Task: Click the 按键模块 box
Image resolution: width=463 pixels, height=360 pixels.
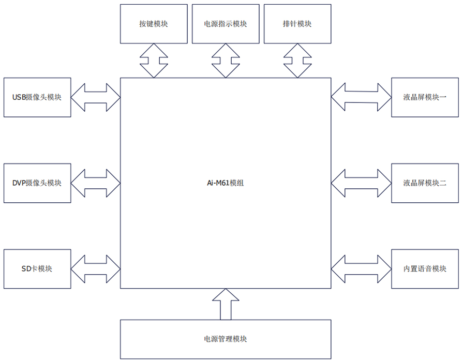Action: pos(154,24)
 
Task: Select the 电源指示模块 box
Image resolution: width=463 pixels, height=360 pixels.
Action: pos(225,24)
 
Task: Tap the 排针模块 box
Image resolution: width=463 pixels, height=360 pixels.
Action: pos(297,24)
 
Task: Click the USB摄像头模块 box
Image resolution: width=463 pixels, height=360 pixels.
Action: pos(37,97)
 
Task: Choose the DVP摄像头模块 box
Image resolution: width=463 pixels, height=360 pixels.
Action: pos(37,183)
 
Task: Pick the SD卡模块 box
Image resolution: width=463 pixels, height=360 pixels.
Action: pos(37,268)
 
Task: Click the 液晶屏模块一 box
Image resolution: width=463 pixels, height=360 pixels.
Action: pos(425,97)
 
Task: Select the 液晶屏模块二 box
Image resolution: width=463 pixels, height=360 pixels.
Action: pos(425,183)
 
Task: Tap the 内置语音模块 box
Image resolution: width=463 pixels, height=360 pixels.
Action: pos(425,268)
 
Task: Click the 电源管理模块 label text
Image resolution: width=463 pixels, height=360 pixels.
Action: pos(225,339)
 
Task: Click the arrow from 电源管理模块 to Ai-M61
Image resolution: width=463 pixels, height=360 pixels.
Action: pos(225,305)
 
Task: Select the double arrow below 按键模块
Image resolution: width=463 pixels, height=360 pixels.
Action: pos(154,61)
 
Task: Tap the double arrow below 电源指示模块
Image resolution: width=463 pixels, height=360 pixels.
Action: pos(225,61)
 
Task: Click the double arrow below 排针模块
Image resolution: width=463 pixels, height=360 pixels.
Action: pos(297,61)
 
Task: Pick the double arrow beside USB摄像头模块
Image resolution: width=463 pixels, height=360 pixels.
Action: pos(96,97)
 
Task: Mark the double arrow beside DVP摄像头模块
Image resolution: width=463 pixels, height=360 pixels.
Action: pos(96,183)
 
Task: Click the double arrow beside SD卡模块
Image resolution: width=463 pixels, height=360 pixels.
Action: pos(96,268)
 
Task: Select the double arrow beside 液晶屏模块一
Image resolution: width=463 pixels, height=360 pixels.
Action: pos(361,97)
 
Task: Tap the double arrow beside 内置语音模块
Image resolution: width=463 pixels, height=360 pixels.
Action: pos(361,268)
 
